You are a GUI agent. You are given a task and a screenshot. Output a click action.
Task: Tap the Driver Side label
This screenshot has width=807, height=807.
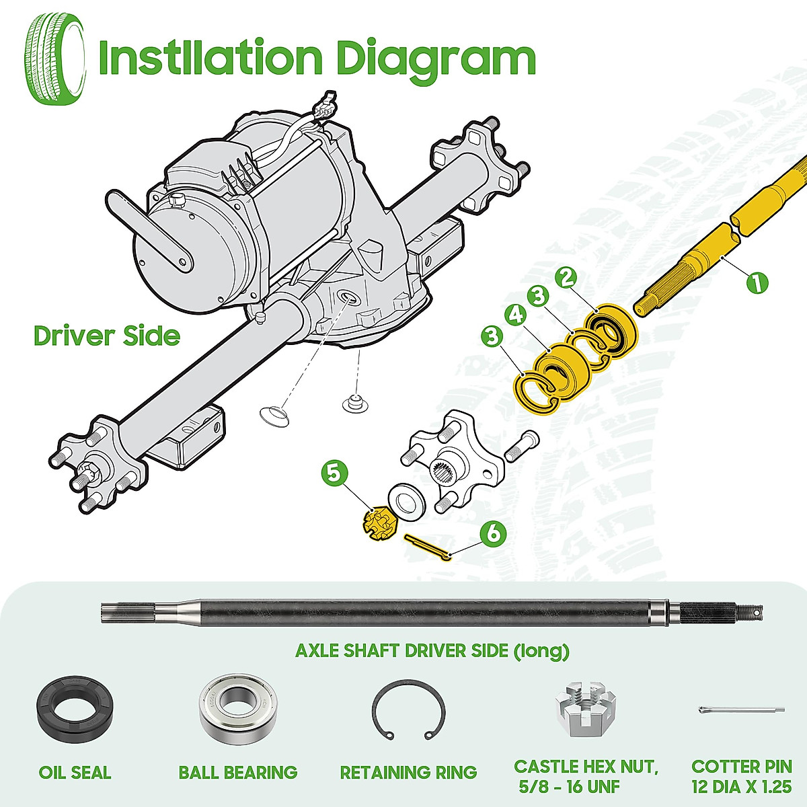107,336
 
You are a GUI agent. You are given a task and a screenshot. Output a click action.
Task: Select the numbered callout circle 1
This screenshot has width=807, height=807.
757,281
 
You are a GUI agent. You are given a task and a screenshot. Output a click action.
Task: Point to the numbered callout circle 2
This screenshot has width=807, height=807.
567,277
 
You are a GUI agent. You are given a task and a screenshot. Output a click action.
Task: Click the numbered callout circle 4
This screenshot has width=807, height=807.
516,315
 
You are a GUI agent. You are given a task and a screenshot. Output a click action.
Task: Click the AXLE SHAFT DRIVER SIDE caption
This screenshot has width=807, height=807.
432,651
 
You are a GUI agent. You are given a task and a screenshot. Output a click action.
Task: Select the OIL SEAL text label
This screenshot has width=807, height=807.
75,773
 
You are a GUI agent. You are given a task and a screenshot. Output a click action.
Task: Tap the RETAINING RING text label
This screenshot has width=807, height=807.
408,773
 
